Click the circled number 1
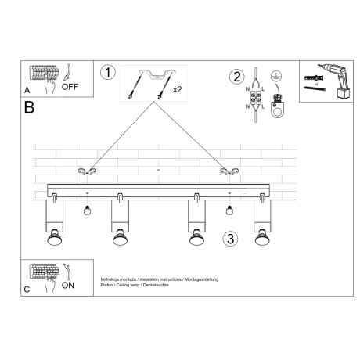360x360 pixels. pyautogui.click(x=108, y=73)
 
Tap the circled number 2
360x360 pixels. pyautogui.click(x=236, y=76)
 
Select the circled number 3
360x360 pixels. pyautogui.click(x=229, y=238)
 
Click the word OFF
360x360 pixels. pyautogui.click(x=70, y=87)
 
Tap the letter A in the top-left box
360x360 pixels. pyautogui.click(x=27, y=90)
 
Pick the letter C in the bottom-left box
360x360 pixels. pyautogui.click(x=27, y=290)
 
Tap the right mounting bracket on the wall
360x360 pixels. pyautogui.click(x=228, y=171)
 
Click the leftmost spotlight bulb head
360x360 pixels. pyautogui.click(x=56, y=236)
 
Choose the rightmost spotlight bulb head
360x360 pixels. pyautogui.click(x=261, y=236)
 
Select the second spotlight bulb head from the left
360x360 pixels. pyautogui.click(x=120, y=236)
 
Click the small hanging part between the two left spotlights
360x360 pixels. pyautogui.click(x=87, y=210)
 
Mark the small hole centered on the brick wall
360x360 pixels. pyautogui.click(x=157, y=169)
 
